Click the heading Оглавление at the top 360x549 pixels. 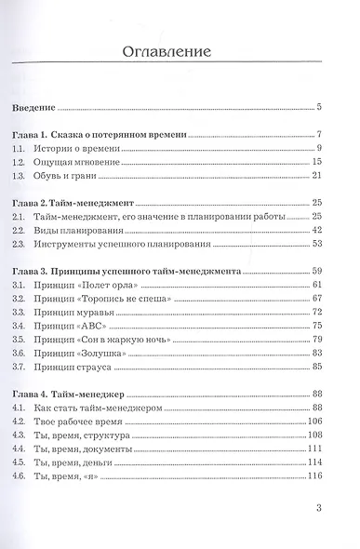pyautogui.click(x=180, y=52)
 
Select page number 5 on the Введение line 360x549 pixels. pyautogui.click(x=319, y=107)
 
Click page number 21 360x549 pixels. pyautogui.click(x=316, y=176)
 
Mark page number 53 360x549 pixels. pyautogui.click(x=316, y=244)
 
